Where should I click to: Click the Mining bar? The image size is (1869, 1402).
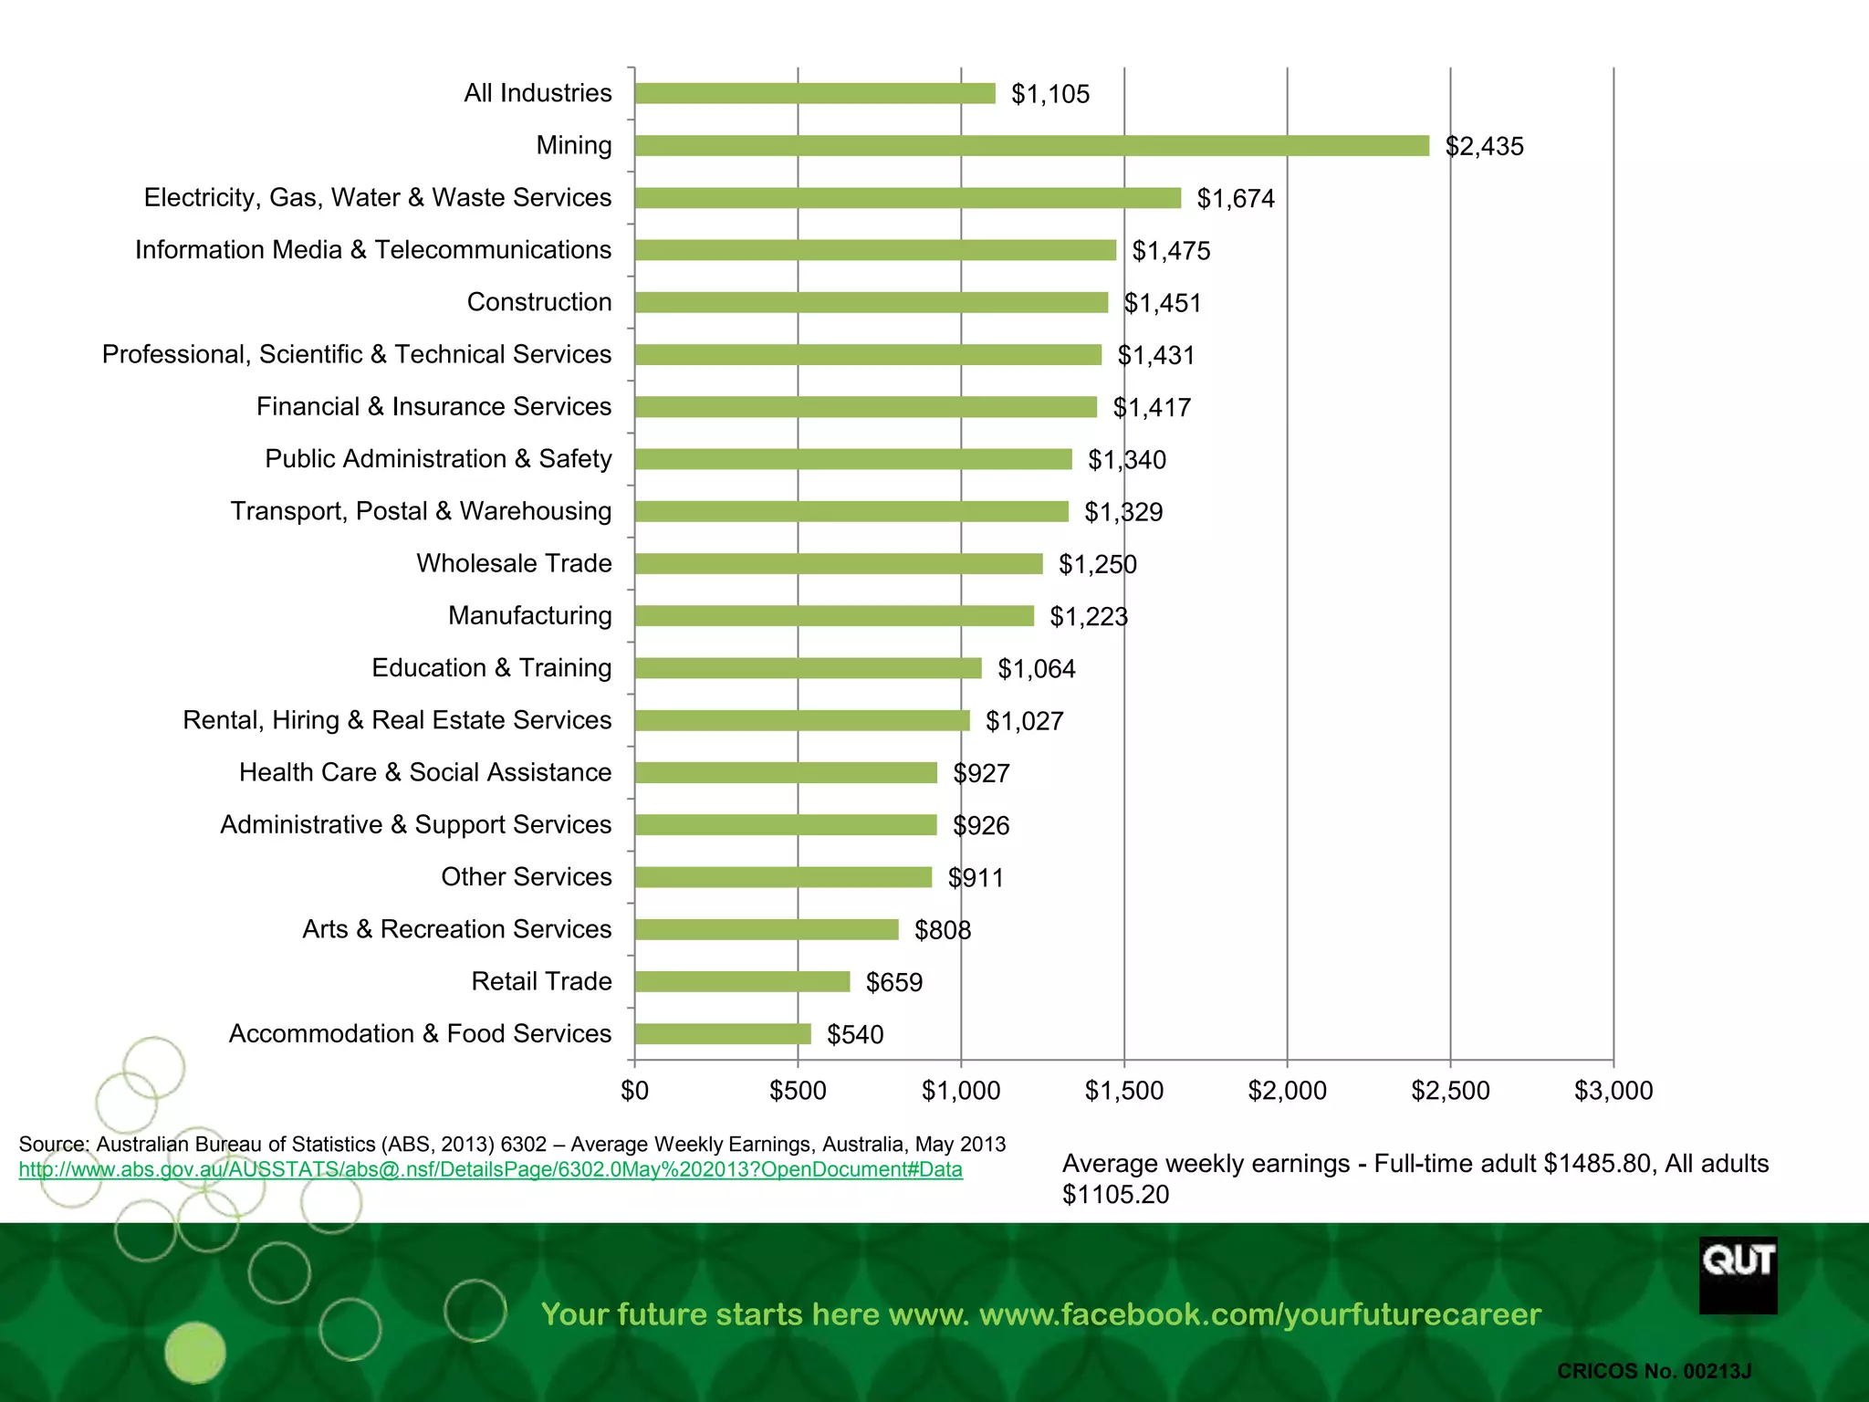pos(1031,146)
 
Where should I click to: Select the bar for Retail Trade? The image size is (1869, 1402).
pos(742,981)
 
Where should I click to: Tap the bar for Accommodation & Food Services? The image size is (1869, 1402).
pos(723,1033)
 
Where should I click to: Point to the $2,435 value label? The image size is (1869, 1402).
pos(1484,147)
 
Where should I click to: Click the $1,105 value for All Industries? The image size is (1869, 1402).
pos(1050,94)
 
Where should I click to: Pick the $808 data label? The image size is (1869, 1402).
pos(942,930)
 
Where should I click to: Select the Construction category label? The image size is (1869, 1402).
pos(538,302)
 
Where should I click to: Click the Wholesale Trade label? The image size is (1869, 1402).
pos(514,563)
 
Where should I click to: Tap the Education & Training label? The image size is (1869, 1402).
pos(491,668)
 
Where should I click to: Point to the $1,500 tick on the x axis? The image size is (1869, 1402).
pos(1123,1090)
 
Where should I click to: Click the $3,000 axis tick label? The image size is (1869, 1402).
pos(1613,1090)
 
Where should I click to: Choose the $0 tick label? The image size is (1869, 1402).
pos(634,1090)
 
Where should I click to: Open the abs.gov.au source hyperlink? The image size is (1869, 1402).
pos(490,1170)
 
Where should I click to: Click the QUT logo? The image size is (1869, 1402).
pos(1738,1275)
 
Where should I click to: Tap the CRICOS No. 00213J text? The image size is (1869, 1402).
pos(1654,1371)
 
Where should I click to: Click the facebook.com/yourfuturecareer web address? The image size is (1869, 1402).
pos(1259,1314)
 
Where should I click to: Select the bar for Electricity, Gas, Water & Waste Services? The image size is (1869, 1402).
pos(907,198)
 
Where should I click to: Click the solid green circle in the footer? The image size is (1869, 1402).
pos(194,1352)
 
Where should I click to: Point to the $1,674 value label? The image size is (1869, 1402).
pos(1235,199)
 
